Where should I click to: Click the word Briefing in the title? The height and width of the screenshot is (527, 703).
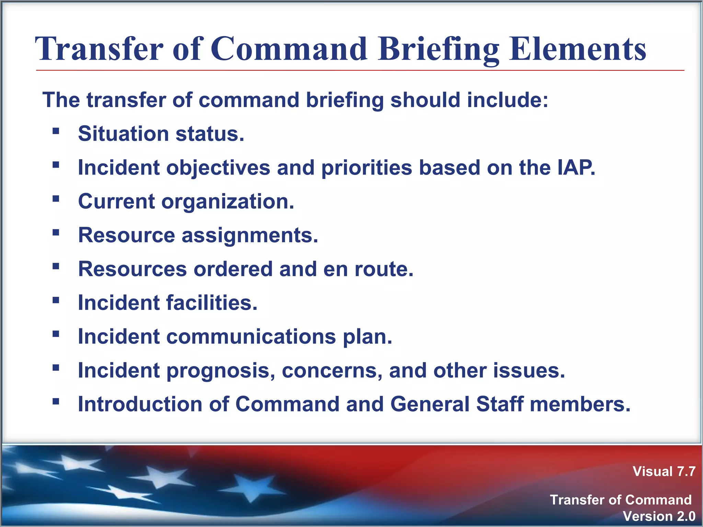(x=438, y=50)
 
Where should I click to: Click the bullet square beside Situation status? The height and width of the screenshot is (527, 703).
(x=56, y=131)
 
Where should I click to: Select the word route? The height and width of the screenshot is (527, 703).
(x=384, y=269)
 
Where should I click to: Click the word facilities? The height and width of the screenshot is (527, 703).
(x=211, y=303)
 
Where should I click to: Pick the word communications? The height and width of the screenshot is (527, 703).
(x=251, y=337)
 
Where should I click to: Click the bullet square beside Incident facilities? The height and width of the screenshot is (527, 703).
(x=56, y=300)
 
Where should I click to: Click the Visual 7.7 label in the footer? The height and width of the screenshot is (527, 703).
(x=664, y=471)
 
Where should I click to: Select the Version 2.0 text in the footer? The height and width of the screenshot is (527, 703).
(x=659, y=516)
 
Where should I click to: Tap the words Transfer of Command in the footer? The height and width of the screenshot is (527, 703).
(x=620, y=500)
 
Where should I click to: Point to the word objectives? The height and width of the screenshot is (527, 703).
(x=218, y=168)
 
